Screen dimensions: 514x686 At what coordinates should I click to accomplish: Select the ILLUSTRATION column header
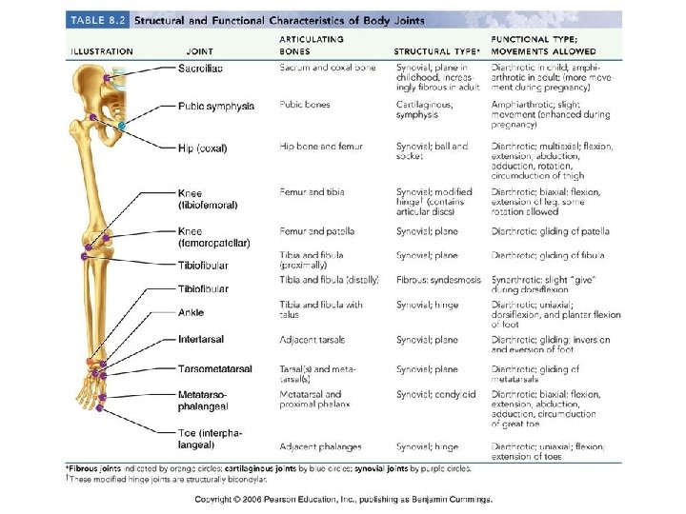[102, 51]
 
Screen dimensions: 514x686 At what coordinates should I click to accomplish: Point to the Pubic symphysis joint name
[216, 107]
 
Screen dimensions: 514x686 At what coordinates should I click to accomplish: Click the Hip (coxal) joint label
[203, 148]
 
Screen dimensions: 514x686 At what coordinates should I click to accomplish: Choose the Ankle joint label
[191, 312]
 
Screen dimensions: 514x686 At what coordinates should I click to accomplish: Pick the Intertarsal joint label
[201, 340]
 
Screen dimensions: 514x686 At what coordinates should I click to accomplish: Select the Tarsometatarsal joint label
[215, 368]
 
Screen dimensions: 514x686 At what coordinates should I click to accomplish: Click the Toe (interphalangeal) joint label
[210, 438]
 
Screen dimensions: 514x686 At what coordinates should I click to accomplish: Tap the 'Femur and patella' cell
[316, 231]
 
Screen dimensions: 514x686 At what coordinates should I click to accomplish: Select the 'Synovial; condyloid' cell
[435, 393]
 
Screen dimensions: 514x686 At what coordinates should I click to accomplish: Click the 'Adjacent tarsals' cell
[313, 340]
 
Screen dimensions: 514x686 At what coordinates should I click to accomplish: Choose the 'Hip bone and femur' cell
[320, 147]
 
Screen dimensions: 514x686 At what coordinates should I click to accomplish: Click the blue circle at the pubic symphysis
[122, 126]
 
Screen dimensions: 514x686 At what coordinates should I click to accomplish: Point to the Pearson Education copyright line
[343, 499]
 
